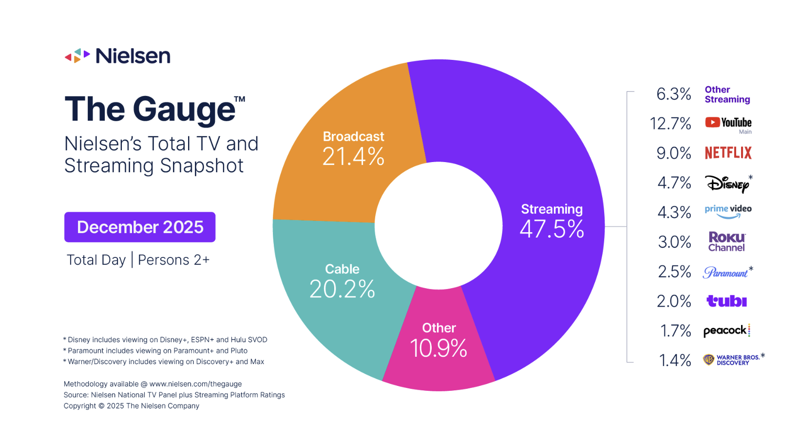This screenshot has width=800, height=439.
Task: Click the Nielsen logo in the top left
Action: pyautogui.click(x=117, y=56)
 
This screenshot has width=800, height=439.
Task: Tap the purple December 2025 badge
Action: pyautogui.click(x=140, y=227)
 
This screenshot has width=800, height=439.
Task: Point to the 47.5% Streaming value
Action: pyautogui.click(x=552, y=229)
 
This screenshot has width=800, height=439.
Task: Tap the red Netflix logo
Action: pyautogui.click(x=728, y=153)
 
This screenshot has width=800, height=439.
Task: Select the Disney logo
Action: pyautogui.click(x=727, y=183)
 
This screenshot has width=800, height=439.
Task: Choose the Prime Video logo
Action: pyautogui.click(x=728, y=211)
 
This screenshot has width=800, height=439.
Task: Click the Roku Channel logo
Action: pyautogui.click(x=726, y=241)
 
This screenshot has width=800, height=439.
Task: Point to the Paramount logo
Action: pyautogui.click(x=725, y=272)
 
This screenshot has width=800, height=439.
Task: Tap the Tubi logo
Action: pyautogui.click(x=726, y=301)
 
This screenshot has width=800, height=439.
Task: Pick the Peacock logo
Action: pyautogui.click(x=726, y=330)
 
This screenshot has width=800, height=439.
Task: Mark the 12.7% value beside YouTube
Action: pyautogui.click(x=670, y=124)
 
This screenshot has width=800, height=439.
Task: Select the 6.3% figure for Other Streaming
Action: pyautogui.click(x=674, y=94)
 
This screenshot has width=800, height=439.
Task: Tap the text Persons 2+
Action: pyautogui.click(x=173, y=260)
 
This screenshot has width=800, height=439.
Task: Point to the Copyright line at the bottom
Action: pyautogui.click(x=132, y=406)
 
